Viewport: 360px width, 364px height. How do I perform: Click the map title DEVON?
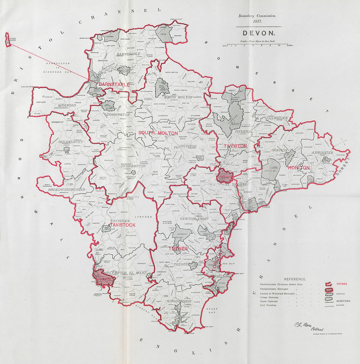(259, 33)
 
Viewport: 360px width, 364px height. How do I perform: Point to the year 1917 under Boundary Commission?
(257, 21)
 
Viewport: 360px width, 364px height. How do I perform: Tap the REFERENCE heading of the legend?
(295, 279)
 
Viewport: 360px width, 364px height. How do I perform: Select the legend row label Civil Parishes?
(268, 305)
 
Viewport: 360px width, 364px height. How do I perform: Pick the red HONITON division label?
(298, 168)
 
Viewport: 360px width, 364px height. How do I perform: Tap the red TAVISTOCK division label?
(123, 225)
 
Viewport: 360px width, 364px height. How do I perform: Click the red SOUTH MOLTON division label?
(158, 133)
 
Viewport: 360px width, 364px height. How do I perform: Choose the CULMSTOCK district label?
(277, 118)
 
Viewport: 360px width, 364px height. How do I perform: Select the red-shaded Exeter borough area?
(225, 176)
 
